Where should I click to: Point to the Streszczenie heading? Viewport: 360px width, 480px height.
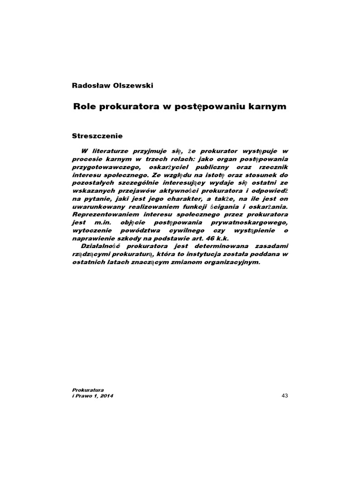coord(97,136)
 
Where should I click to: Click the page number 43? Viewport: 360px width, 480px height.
coord(285,396)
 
